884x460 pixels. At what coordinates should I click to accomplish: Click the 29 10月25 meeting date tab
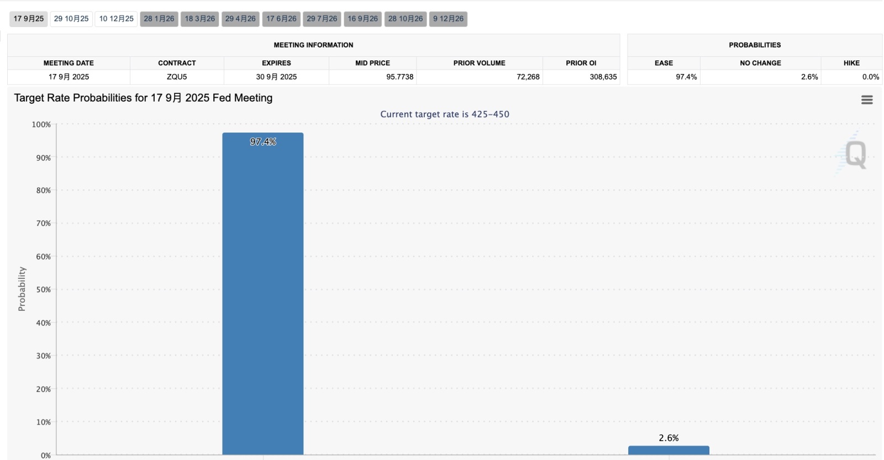pos(71,19)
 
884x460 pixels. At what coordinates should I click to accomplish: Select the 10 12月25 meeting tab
pos(116,19)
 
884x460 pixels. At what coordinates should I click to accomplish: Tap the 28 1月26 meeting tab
pos(159,19)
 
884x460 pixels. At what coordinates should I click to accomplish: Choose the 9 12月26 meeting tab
pos(448,19)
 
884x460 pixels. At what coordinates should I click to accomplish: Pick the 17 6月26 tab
pos(281,19)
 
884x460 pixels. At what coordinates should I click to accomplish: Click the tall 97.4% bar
pos(263,294)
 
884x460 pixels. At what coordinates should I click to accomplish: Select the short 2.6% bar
pos(669,450)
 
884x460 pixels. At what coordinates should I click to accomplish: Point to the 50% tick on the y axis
pos(44,289)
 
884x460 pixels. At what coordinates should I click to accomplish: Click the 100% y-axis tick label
pos(41,125)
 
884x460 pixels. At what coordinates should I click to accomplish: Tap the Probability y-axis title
pos(22,289)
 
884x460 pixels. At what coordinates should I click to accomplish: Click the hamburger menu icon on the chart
pos(867,100)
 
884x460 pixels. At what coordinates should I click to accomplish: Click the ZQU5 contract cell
pos(177,77)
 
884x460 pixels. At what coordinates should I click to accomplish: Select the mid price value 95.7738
pos(400,77)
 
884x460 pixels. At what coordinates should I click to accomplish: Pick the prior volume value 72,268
pos(528,77)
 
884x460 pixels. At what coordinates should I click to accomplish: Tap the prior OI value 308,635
pos(603,77)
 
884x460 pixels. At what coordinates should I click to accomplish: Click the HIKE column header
pos(851,63)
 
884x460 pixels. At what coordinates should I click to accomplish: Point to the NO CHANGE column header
pos(760,63)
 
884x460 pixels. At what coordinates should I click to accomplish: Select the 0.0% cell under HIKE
pos(871,77)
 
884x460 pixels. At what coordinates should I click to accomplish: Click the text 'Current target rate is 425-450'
pos(445,114)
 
